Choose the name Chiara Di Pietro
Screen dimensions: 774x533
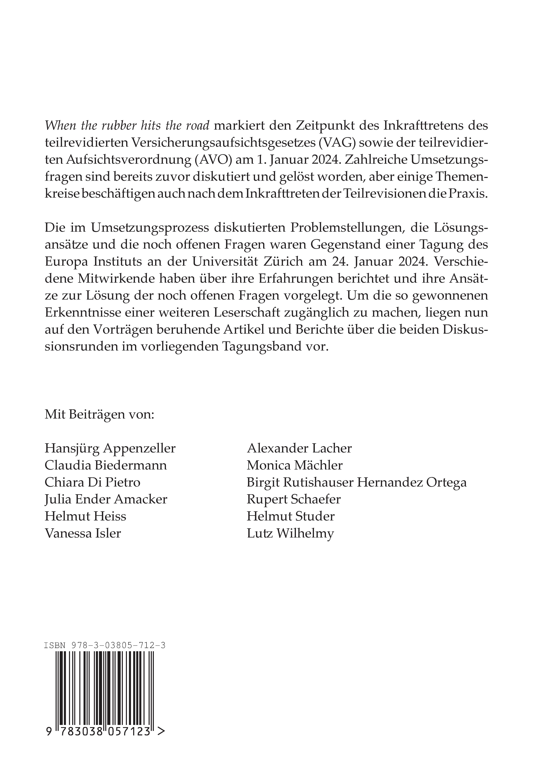pos(93,482)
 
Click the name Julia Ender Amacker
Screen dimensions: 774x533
pos(106,499)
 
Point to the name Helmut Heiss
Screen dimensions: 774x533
pos(85,516)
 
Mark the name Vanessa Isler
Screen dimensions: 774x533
pos(83,533)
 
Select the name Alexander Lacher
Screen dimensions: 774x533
pos(299,448)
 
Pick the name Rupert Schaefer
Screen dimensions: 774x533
pos(294,499)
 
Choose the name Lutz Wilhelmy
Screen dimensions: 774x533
pos(290,533)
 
